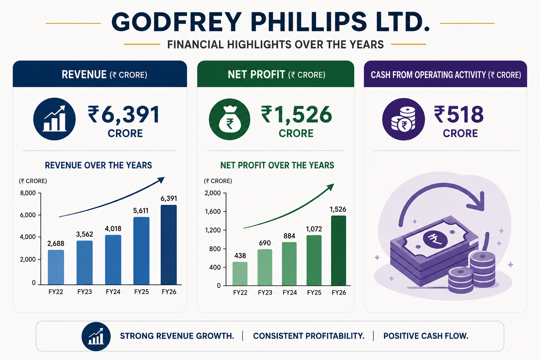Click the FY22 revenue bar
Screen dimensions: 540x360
(x=56, y=267)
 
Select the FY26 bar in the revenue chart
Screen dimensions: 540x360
(x=169, y=245)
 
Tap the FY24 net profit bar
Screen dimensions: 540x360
(x=289, y=264)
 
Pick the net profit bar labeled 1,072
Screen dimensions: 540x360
(x=314, y=261)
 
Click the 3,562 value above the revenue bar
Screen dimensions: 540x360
(x=85, y=234)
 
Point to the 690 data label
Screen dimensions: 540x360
(x=265, y=243)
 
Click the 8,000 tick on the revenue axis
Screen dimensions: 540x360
(x=28, y=193)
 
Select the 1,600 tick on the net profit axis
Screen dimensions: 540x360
(x=213, y=212)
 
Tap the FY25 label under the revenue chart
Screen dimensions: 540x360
(x=142, y=292)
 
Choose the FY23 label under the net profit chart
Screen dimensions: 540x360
(x=265, y=292)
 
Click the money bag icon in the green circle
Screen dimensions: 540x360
(x=230, y=119)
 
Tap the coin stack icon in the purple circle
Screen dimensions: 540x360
(x=403, y=119)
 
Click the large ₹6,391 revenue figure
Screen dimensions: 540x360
(x=123, y=115)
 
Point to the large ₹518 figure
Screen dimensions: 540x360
(x=459, y=114)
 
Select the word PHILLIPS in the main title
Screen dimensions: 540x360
(x=309, y=22)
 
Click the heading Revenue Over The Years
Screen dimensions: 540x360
(x=98, y=166)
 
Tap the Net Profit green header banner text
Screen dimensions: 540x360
(x=277, y=75)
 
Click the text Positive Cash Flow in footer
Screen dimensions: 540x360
(x=426, y=336)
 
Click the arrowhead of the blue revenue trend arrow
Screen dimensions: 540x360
(x=161, y=180)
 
